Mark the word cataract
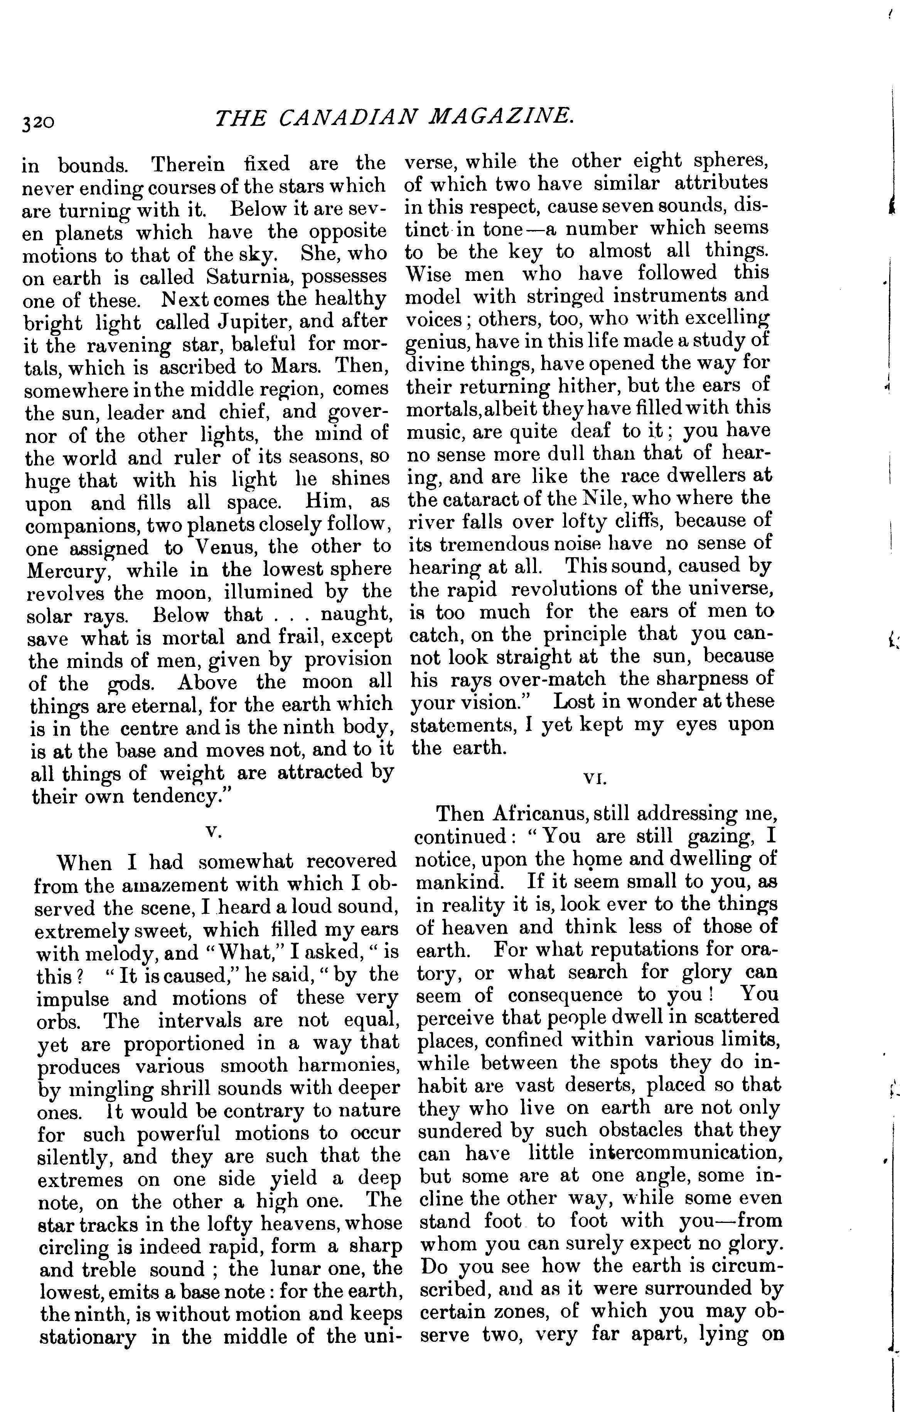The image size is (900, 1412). tap(490, 499)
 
